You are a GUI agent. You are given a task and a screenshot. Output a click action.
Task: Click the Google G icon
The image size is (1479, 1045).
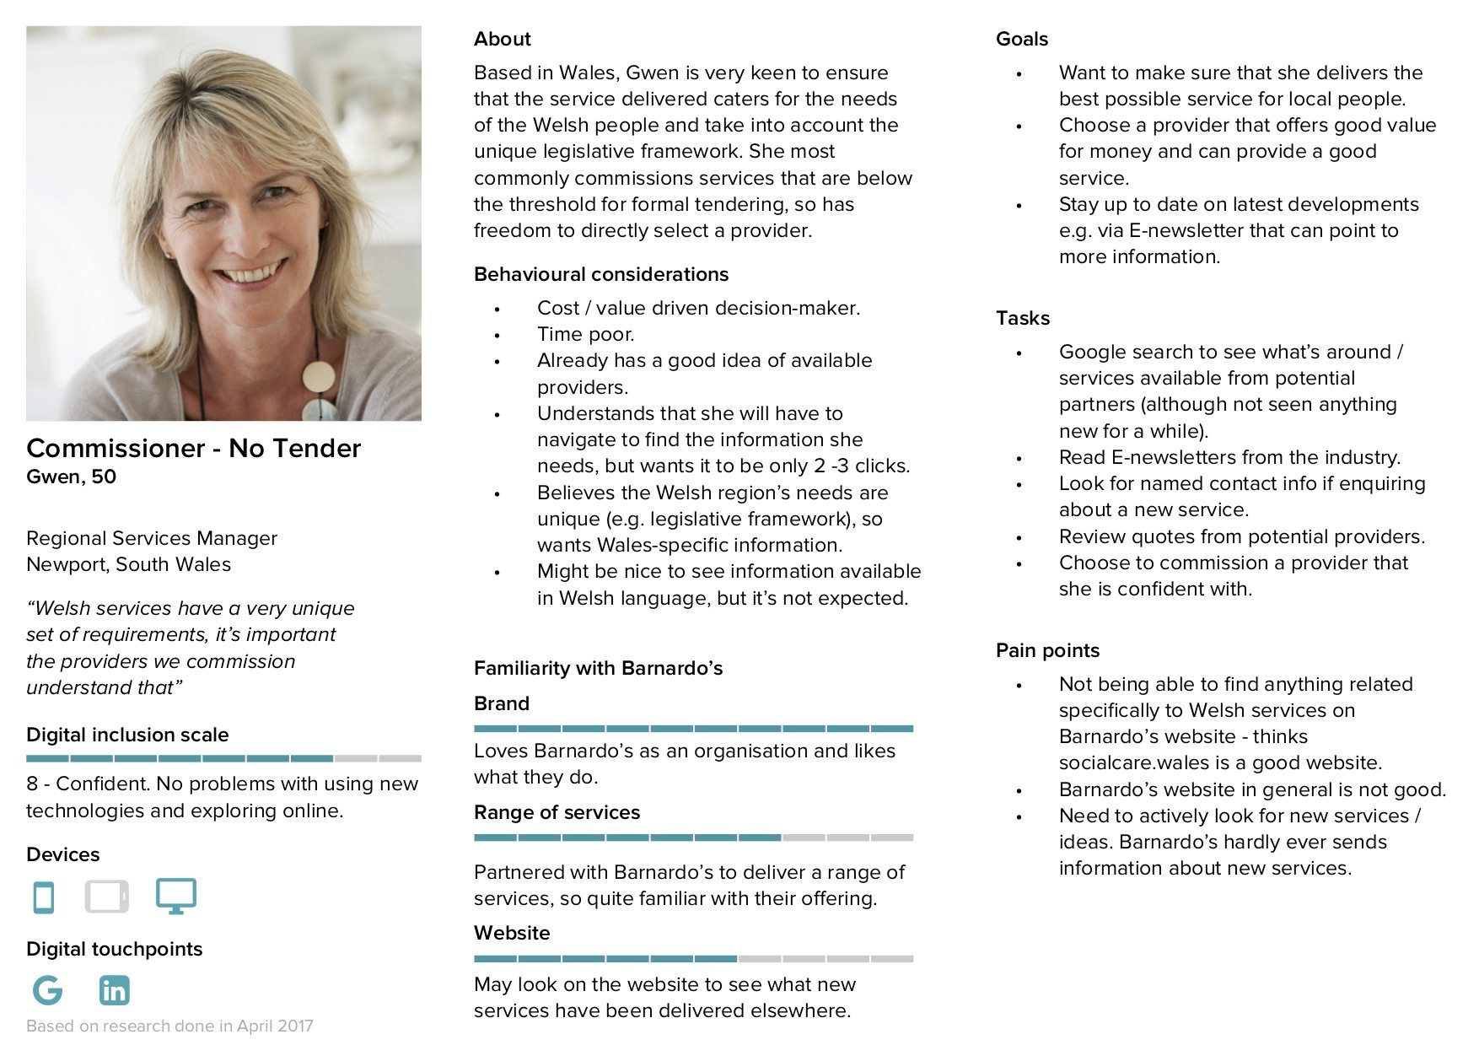click(47, 990)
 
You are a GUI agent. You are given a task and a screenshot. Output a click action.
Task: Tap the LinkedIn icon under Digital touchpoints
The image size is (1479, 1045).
click(114, 990)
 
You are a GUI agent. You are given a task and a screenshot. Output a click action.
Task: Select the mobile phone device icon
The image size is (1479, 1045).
click(43, 897)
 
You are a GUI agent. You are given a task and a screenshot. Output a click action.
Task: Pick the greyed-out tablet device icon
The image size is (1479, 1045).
click(107, 897)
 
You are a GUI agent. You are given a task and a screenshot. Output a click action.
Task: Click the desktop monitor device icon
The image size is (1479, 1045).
click(175, 896)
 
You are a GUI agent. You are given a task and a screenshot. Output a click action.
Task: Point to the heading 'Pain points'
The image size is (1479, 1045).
click(1047, 650)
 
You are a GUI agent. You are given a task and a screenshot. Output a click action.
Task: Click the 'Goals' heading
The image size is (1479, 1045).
click(1021, 39)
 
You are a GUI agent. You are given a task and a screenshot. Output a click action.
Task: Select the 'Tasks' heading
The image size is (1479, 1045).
click(1022, 318)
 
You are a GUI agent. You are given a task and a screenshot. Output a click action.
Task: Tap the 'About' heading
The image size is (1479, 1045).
click(502, 39)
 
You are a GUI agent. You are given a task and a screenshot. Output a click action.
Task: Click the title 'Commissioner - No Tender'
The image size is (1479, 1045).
click(193, 448)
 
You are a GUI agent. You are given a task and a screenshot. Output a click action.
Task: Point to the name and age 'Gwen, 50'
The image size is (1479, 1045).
click(71, 477)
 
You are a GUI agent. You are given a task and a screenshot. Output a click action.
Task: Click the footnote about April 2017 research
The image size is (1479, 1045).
click(169, 1026)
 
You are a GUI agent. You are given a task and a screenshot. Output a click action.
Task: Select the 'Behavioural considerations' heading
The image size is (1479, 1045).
click(600, 274)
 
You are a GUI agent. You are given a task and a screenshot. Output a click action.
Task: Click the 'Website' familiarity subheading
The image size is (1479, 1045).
click(511, 933)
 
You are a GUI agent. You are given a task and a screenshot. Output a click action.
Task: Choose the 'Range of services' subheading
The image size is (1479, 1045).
click(557, 812)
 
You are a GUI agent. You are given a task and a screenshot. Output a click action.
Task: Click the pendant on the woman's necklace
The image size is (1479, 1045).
click(318, 378)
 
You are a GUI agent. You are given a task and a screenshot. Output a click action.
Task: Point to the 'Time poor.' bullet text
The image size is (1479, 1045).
click(585, 334)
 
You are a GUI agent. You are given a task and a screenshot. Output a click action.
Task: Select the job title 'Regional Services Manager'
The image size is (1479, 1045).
click(152, 538)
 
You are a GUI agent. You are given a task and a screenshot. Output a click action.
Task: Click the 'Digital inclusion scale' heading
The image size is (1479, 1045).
click(127, 735)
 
